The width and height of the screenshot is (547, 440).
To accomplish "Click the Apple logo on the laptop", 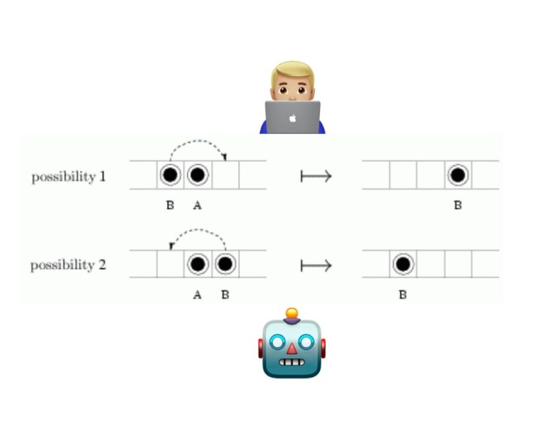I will point(293,118).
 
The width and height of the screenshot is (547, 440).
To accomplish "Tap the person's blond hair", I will point(293,71).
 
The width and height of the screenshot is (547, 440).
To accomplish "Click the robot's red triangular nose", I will point(292,348).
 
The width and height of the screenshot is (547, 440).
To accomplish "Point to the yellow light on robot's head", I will point(292,314).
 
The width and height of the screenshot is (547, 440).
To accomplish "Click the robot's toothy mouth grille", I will point(292,363).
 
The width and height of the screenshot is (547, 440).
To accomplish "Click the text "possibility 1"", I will point(68,177).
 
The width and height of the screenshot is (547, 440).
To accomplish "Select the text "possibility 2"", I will point(68,264).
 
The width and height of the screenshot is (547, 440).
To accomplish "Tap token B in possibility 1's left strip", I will point(170,176).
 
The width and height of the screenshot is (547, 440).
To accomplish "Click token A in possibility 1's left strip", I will point(198,176).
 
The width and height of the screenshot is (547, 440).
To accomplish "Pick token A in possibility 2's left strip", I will point(198,263).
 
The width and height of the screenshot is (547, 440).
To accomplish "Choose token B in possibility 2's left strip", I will point(225,263).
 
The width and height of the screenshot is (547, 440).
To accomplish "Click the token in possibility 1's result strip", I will point(458,176).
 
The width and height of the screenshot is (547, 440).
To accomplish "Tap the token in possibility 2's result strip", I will point(403,263).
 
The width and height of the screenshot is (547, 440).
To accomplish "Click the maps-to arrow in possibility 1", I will point(316,177).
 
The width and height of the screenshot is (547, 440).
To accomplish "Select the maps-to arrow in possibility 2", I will point(316,265).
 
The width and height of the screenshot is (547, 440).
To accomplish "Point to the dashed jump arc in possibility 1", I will point(198,142).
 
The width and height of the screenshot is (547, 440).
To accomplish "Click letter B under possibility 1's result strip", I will point(458,205).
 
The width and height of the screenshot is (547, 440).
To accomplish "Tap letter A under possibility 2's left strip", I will point(198,295).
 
